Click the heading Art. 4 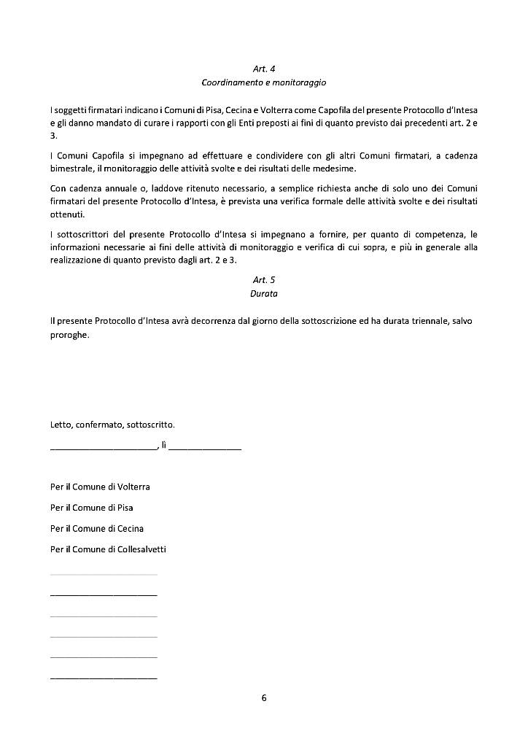point(264,69)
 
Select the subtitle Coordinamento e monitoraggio point(264,83)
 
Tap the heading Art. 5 point(264,279)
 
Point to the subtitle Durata point(264,293)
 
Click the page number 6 point(264,698)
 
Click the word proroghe point(69,336)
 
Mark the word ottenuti point(67,214)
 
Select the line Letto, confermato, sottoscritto point(112,424)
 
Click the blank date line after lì point(205,446)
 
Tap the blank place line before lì point(103,446)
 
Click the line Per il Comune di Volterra point(100,487)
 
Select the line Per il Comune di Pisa point(91,507)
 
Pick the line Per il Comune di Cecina point(97,528)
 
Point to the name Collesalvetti point(141,549)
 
